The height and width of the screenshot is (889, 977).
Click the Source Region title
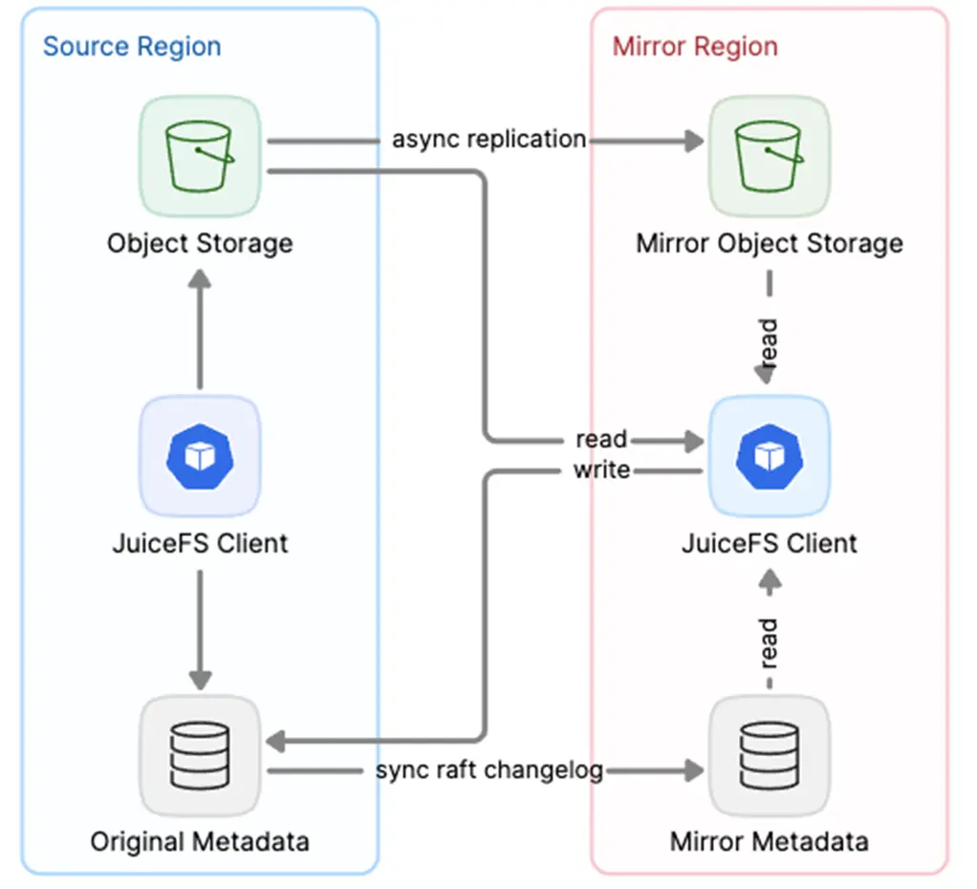tap(132, 46)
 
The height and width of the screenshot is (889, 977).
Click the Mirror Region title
tap(695, 46)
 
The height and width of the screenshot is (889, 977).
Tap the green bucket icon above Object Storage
tap(200, 156)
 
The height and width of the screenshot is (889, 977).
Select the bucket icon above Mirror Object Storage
tap(769, 156)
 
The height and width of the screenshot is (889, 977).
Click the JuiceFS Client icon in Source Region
tap(200, 457)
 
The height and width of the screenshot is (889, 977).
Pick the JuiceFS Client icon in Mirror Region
tap(769, 457)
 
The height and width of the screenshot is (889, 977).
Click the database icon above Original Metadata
tap(200, 755)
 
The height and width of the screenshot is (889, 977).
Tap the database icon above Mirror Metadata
tap(769, 755)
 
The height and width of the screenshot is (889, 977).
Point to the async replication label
tap(488, 139)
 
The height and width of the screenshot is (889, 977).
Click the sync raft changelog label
tap(488, 770)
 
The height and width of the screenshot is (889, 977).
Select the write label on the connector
tap(601, 469)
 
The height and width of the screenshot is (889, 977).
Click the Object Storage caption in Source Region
tap(200, 243)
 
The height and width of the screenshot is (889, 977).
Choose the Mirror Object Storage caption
tap(769, 243)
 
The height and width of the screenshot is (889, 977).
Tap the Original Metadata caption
tap(200, 841)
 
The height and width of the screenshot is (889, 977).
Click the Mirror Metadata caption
tap(769, 841)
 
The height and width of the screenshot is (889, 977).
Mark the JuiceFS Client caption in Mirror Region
tap(769, 543)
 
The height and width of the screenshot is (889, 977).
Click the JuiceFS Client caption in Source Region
tap(200, 543)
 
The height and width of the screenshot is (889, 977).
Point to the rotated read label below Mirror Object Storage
tap(769, 341)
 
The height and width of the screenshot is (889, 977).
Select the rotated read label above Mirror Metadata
tap(769, 643)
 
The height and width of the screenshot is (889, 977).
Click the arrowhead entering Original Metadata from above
tap(200, 678)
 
